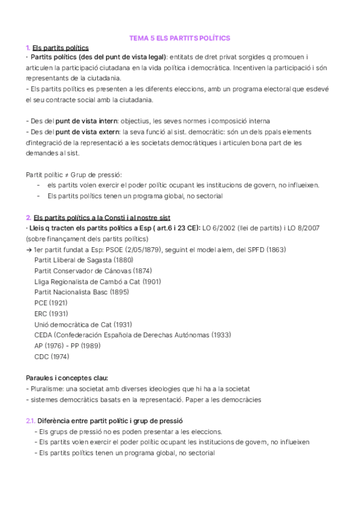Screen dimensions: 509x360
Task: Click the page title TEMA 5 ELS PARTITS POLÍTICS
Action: click(x=180, y=37)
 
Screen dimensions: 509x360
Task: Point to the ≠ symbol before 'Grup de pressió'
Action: click(x=64, y=175)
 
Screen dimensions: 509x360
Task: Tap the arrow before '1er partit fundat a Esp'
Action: click(x=29, y=250)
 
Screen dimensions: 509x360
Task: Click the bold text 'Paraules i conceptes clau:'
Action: click(x=67, y=378)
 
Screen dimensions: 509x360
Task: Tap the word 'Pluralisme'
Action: click(x=48, y=389)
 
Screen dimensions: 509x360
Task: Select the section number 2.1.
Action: click(x=31, y=421)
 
